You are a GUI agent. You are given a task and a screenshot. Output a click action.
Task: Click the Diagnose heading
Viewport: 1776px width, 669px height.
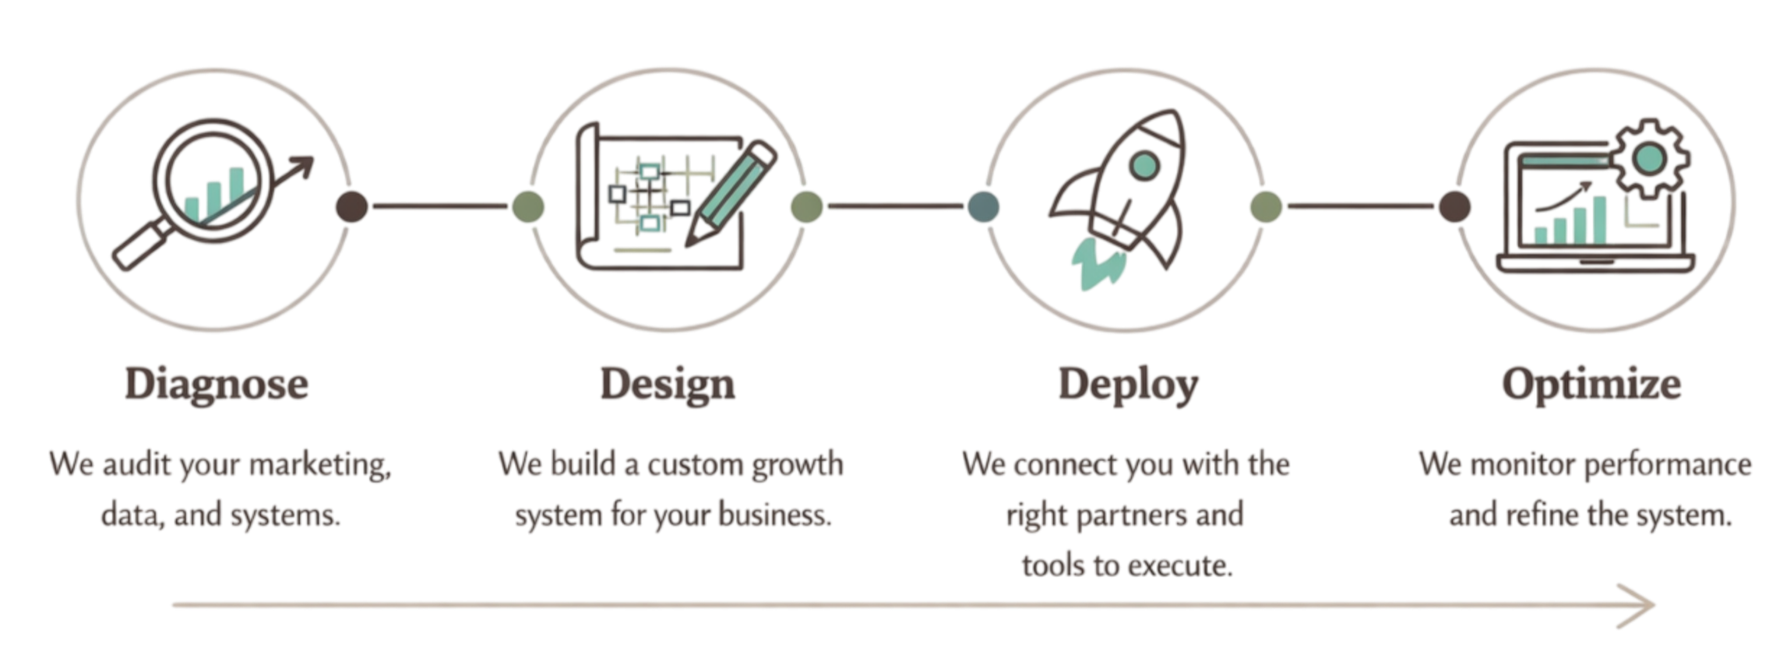pos(217,384)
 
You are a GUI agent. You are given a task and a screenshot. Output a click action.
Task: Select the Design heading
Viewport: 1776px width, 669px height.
pos(668,384)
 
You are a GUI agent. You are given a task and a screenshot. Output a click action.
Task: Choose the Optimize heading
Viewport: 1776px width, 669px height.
pos(1591,384)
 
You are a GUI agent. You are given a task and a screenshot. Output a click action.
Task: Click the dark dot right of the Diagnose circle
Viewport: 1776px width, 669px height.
pos(351,207)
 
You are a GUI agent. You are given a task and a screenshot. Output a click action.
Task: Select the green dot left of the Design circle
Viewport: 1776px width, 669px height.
pos(527,207)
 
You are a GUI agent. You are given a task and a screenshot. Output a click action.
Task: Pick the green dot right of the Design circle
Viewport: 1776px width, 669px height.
pos(806,206)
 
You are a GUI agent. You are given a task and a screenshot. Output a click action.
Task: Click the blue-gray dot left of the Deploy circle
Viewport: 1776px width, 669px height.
pos(983,207)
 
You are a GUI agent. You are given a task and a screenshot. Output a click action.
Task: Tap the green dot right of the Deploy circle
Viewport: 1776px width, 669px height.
pos(1265,207)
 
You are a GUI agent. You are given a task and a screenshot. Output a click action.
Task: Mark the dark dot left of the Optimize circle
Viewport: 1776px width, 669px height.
pos(1454,207)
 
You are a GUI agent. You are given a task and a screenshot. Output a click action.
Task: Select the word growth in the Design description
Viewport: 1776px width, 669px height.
pos(798,465)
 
